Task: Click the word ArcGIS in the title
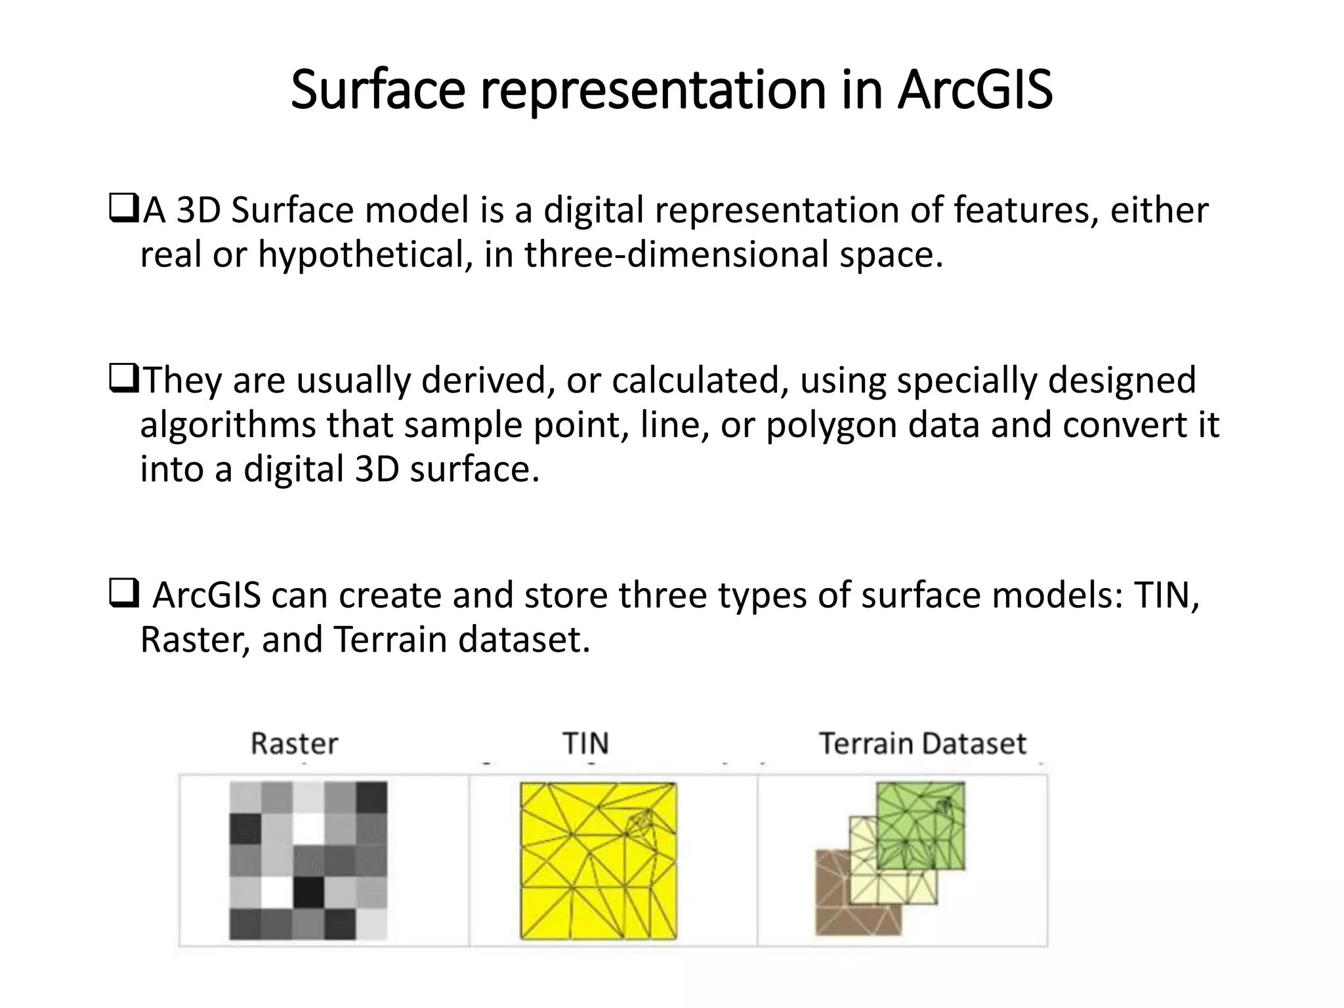pyautogui.click(x=975, y=90)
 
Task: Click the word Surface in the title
pyautogui.click(x=377, y=90)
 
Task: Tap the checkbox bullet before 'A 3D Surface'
pyautogui.click(x=123, y=209)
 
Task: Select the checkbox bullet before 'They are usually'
pyautogui.click(x=123, y=380)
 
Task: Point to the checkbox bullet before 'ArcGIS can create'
pyautogui.click(x=123, y=594)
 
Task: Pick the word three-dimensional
pyautogui.click(x=677, y=254)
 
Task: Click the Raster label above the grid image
pyautogui.click(x=294, y=744)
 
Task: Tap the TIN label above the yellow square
pyautogui.click(x=585, y=744)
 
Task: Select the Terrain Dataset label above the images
pyautogui.click(x=922, y=744)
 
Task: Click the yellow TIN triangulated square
pyautogui.click(x=598, y=860)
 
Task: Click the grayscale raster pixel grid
pyautogui.click(x=308, y=860)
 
